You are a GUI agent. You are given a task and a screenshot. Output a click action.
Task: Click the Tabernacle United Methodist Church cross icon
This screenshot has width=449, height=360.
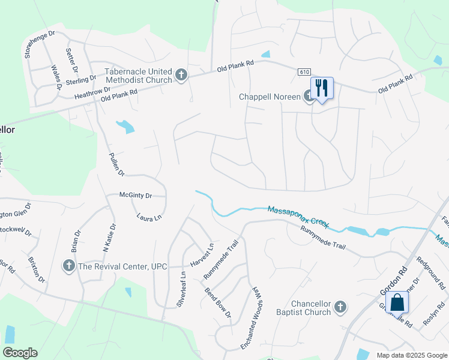coord(181,76)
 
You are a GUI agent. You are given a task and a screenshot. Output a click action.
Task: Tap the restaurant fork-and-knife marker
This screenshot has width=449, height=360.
coord(322,88)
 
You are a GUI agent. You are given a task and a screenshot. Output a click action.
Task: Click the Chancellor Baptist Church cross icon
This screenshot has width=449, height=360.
coord(340,308)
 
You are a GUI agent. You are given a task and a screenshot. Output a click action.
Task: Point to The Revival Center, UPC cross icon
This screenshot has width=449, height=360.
coord(69,266)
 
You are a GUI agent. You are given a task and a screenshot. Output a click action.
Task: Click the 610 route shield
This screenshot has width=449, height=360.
coord(304,72)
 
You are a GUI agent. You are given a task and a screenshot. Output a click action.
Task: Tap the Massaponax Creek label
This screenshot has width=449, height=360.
coord(298,217)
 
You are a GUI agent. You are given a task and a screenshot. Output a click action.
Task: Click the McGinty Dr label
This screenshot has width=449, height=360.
coord(136,196)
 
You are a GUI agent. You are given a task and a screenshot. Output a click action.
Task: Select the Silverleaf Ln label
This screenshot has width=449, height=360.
coord(182,290)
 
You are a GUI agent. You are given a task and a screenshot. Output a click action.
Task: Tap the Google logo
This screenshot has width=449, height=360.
coord(20,353)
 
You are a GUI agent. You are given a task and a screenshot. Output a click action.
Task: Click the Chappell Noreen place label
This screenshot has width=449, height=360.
coord(270,97)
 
